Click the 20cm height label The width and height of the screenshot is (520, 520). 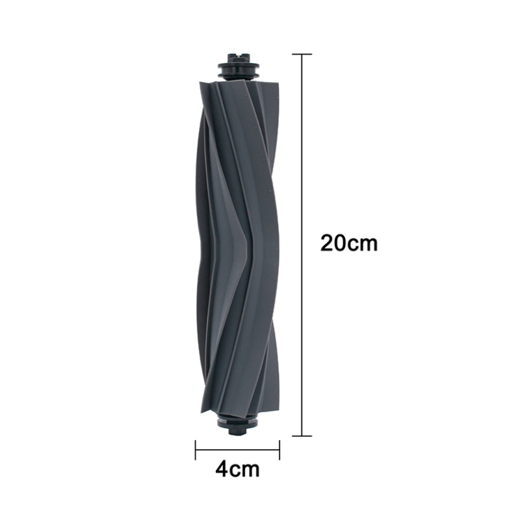coord(349,242)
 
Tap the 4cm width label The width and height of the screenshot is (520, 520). coord(237,469)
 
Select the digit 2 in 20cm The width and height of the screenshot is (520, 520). coord(327,242)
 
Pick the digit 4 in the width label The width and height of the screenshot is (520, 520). coord(222,469)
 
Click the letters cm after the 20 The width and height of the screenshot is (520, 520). coord(363,245)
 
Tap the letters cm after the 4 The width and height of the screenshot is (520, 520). coord(245,471)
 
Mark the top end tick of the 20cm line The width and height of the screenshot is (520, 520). coord(302,54)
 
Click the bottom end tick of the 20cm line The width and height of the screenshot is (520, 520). coord(302,435)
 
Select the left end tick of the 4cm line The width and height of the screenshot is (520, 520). coord(196,450)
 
